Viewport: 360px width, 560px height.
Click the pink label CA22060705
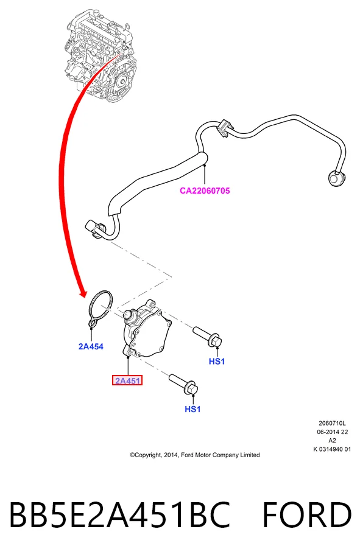point(205,191)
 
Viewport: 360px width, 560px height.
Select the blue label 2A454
point(91,346)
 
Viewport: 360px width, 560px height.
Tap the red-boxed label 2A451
point(127,380)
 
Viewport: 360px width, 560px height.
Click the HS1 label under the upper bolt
point(217,362)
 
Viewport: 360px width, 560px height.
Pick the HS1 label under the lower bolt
point(192,409)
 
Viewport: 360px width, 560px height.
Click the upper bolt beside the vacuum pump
point(208,337)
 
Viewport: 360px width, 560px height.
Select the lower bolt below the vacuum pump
point(183,384)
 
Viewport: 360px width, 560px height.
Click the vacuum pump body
point(147,329)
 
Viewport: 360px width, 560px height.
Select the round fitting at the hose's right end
point(336,178)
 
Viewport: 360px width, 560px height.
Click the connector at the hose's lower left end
point(93,228)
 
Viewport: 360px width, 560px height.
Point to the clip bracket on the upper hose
point(225,128)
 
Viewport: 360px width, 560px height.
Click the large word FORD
point(307,514)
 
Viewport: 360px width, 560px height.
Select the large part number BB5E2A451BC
point(119,514)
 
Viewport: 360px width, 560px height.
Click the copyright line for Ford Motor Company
point(195,455)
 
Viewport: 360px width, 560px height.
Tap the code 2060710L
point(332,423)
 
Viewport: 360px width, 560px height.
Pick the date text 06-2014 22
point(332,432)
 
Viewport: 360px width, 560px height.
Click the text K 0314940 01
point(332,449)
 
